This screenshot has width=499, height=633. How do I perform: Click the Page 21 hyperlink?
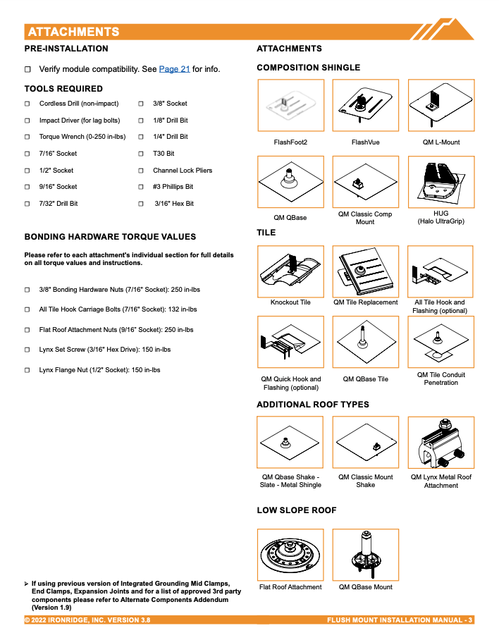click(174, 69)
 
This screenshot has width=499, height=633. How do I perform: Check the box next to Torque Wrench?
click(27, 137)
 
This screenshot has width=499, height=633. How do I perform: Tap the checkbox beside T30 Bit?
click(142, 154)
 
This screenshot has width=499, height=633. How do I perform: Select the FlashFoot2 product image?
click(290, 105)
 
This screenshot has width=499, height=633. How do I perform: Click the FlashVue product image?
click(365, 105)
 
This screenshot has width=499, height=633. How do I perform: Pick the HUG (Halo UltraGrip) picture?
click(441, 182)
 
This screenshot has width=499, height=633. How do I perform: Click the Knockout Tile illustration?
click(290, 271)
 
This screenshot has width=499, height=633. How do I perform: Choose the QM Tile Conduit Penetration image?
click(441, 341)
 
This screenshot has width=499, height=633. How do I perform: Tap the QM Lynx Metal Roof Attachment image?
click(441, 442)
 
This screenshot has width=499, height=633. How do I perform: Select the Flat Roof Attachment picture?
click(290, 554)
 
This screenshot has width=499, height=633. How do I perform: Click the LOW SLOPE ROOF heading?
click(296, 510)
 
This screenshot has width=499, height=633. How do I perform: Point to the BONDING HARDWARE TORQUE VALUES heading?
click(110, 237)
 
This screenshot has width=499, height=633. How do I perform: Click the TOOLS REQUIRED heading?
click(63, 89)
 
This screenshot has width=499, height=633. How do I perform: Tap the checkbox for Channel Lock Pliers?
click(142, 171)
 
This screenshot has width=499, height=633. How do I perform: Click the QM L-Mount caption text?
click(441, 142)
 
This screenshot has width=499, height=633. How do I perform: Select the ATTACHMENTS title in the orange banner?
click(73, 32)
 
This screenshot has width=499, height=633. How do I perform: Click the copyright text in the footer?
click(87, 620)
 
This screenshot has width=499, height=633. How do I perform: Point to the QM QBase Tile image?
click(365, 341)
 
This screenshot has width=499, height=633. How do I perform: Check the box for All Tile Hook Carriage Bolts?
click(27, 309)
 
